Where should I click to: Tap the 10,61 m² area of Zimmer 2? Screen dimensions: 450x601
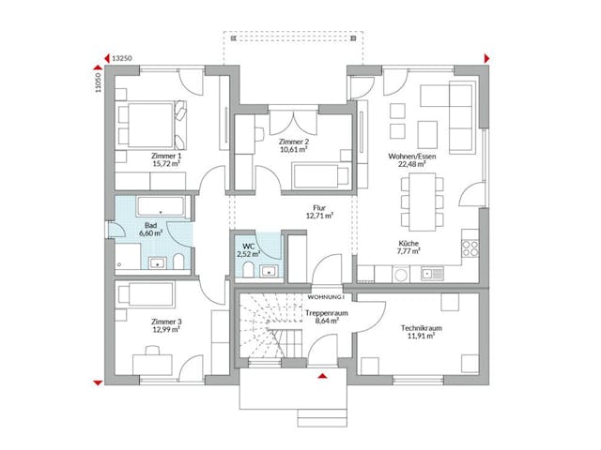[x=296, y=148]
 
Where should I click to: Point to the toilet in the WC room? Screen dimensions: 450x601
[x=246, y=270]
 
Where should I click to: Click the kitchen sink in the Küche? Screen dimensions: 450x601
[x=431, y=274]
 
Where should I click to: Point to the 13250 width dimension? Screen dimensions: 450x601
[x=121, y=58]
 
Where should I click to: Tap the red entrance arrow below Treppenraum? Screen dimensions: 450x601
[x=323, y=375]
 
